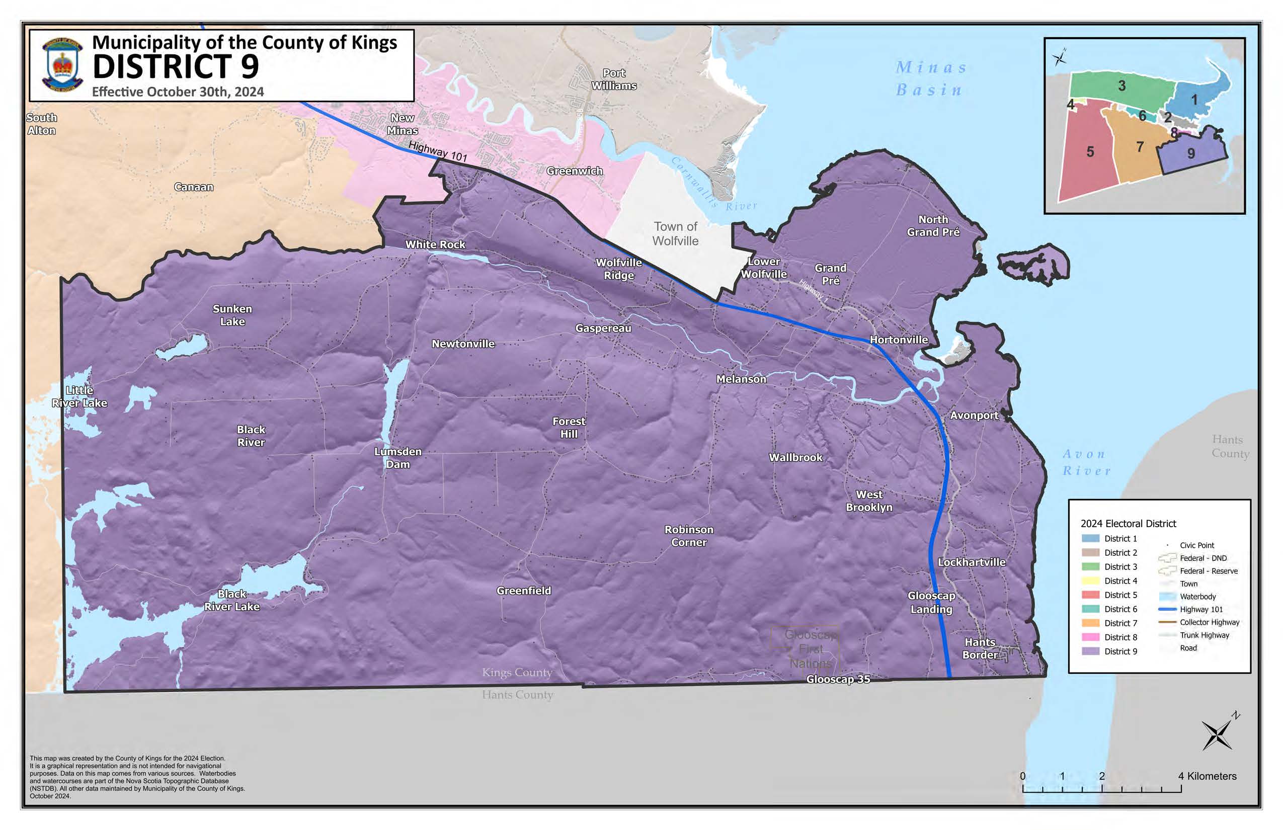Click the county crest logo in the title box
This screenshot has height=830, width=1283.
pos(62,65)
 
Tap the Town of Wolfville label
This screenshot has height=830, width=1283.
pos(675,233)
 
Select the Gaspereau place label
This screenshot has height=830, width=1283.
pos(603,328)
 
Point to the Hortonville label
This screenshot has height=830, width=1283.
pos(899,340)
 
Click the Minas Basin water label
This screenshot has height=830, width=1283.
pos(931,78)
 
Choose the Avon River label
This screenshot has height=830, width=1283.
pos(1086,462)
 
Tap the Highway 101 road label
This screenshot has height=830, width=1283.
pos(437,151)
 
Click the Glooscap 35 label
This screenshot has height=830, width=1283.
pos(838,679)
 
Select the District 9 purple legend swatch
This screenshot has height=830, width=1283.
pos(1090,651)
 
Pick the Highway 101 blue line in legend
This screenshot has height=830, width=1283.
pos(1167,610)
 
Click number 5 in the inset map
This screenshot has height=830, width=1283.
pos(1090,152)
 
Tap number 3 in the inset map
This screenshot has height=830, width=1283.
pos(1122,86)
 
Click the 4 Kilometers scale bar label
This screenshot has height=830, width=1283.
pos(1208,776)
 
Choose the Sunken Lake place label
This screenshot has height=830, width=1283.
pos(232,315)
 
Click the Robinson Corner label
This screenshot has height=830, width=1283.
pos(688,536)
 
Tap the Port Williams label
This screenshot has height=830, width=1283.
pos(614,79)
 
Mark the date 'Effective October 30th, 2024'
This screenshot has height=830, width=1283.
pos(178,92)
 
